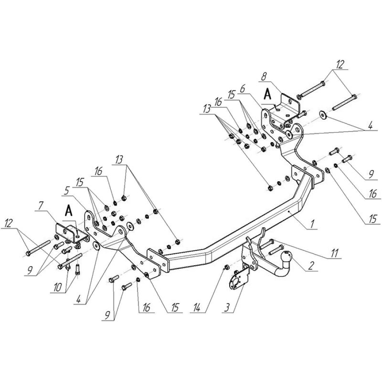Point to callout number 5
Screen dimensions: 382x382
(66, 191)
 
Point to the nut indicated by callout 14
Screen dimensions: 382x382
(226, 267)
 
